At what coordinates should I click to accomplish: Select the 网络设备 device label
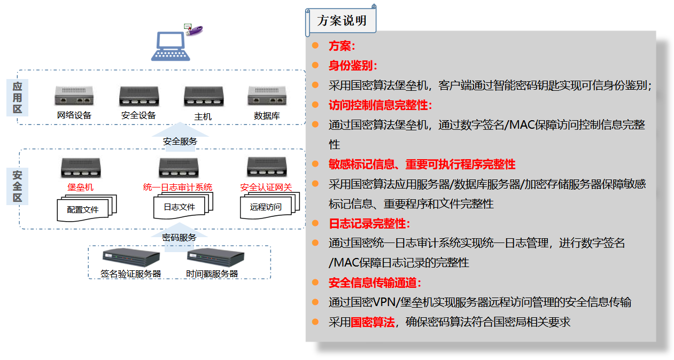[x=74, y=115]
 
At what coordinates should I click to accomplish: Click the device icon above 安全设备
[x=138, y=97]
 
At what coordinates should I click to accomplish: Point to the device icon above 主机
[x=203, y=97]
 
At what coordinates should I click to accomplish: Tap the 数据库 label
[x=267, y=115]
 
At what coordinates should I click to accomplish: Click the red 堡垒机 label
[x=81, y=187]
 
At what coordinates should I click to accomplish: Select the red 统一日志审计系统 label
[x=177, y=187]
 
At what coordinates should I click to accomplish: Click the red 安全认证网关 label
[x=266, y=187]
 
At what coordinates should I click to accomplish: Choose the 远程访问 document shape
[x=266, y=207]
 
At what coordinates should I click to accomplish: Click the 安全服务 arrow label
[x=180, y=142]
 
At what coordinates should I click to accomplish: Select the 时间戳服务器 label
[x=212, y=274]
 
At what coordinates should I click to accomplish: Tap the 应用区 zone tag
[x=17, y=98]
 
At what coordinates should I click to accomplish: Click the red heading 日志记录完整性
[x=369, y=224]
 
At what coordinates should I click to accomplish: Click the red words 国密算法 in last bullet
[x=373, y=323]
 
